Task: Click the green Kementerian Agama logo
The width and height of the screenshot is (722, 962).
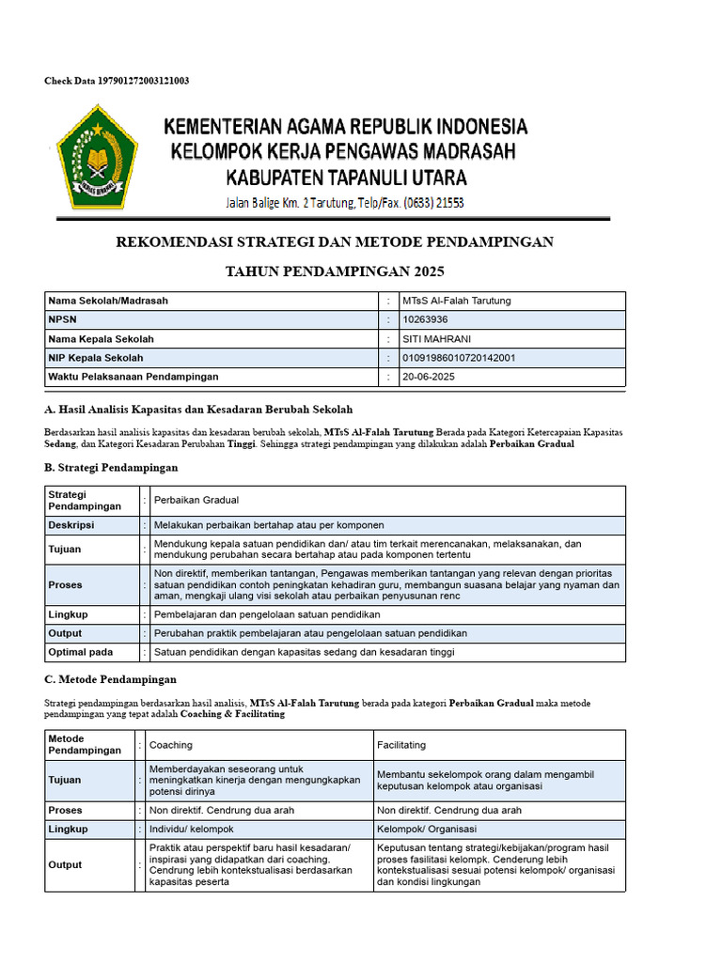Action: pyautogui.click(x=97, y=156)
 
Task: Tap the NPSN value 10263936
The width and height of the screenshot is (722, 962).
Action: pyautogui.click(x=426, y=319)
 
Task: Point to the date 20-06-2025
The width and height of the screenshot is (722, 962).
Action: pyautogui.click(x=429, y=377)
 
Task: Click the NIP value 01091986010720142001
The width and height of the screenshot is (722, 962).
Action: pyautogui.click(x=458, y=358)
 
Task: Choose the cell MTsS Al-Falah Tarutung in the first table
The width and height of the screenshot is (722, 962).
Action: pyautogui.click(x=456, y=301)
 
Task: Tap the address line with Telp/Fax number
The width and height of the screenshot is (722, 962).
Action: pyautogui.click(x=344, y=203)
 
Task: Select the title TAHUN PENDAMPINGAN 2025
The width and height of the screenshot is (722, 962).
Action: pyautogui.click(x=335, y=272)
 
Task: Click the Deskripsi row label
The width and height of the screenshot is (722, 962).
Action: pyautogui.click(x=71, y=525)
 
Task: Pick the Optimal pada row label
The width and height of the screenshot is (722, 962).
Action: pyautogui.click(x=80, y=652)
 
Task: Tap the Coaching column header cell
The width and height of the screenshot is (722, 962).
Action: pyautogui.click(x=171, y=745)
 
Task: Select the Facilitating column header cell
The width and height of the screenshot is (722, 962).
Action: pyautogui.click(x=401, y=745)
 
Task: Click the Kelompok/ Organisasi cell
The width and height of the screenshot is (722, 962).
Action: pyautogui.click(x=427, y=830)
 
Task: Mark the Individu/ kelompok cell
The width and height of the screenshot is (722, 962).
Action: pyautogui.click(x=192, y=830)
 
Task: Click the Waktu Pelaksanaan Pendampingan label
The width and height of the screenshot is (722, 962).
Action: pyautogui.click(x=133, y=377)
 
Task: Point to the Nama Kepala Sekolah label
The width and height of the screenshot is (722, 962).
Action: pyautogui.click(x=101, y=338)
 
